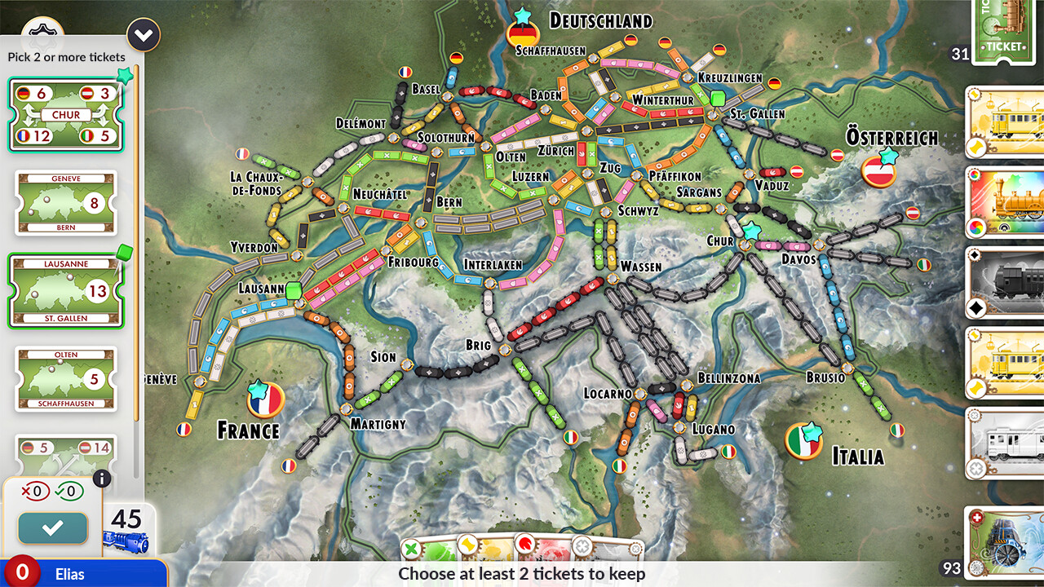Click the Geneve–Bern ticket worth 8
tap(66, 203)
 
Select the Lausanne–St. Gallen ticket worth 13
tap(66, 291)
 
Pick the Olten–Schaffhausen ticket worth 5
tap(66, 379)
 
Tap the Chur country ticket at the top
tap(66, 115)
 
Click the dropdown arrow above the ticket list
tap(144, 35)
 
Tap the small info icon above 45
tap(102, 479)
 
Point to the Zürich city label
tap(556, 151)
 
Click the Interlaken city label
tap(493, 265)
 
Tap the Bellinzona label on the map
tap(728, 378)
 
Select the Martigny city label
tap(378, 424)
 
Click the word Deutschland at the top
tap(600, 20)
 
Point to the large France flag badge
tap(265, 400)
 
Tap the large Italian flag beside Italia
tap(803, 441)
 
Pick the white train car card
tap(1005, 444)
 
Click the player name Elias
tap(70, 573)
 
